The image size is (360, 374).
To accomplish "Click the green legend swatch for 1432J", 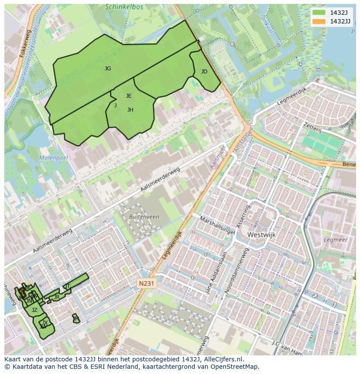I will point(319,13).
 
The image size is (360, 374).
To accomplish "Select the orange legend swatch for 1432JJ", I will point(319,21).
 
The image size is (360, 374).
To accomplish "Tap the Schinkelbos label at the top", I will point(124,7).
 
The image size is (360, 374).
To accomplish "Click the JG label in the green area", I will point(108,69).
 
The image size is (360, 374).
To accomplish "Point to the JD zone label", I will point(204,72).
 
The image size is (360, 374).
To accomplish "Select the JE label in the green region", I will point(129,96).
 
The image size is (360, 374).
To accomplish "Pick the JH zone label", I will point(130,110).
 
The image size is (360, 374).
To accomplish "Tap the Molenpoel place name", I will point(53,158).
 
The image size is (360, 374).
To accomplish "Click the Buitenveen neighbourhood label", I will point(144,217).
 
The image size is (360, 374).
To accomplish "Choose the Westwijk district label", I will point(261,235).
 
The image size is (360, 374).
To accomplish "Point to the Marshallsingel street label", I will point(217,225).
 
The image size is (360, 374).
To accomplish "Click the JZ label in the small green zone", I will point(34,310).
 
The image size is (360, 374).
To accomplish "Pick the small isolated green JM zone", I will point(76,319).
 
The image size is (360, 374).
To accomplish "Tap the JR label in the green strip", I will point(57,297).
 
